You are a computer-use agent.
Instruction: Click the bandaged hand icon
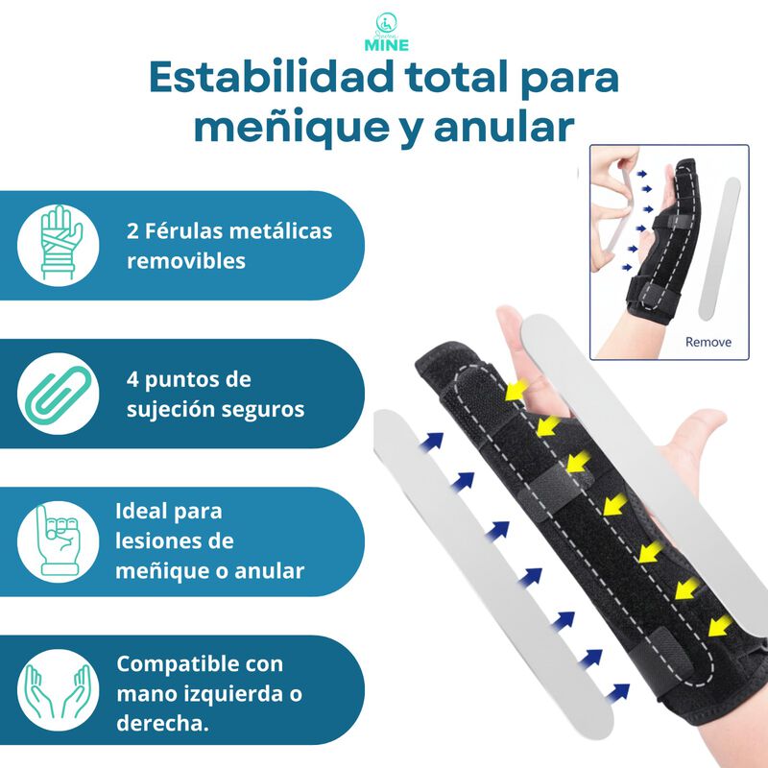(x=59, y=244)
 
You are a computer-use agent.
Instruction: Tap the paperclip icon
(x=59, y=394)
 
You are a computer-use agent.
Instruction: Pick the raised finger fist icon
(x=59, y=541)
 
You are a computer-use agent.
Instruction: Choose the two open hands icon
(x=59, y=690)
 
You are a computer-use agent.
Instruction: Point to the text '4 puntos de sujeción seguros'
(x=215, y=395)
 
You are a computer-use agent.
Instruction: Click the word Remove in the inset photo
(x=708, y=342)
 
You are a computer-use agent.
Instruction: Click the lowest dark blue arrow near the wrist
(x=620, y=690)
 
